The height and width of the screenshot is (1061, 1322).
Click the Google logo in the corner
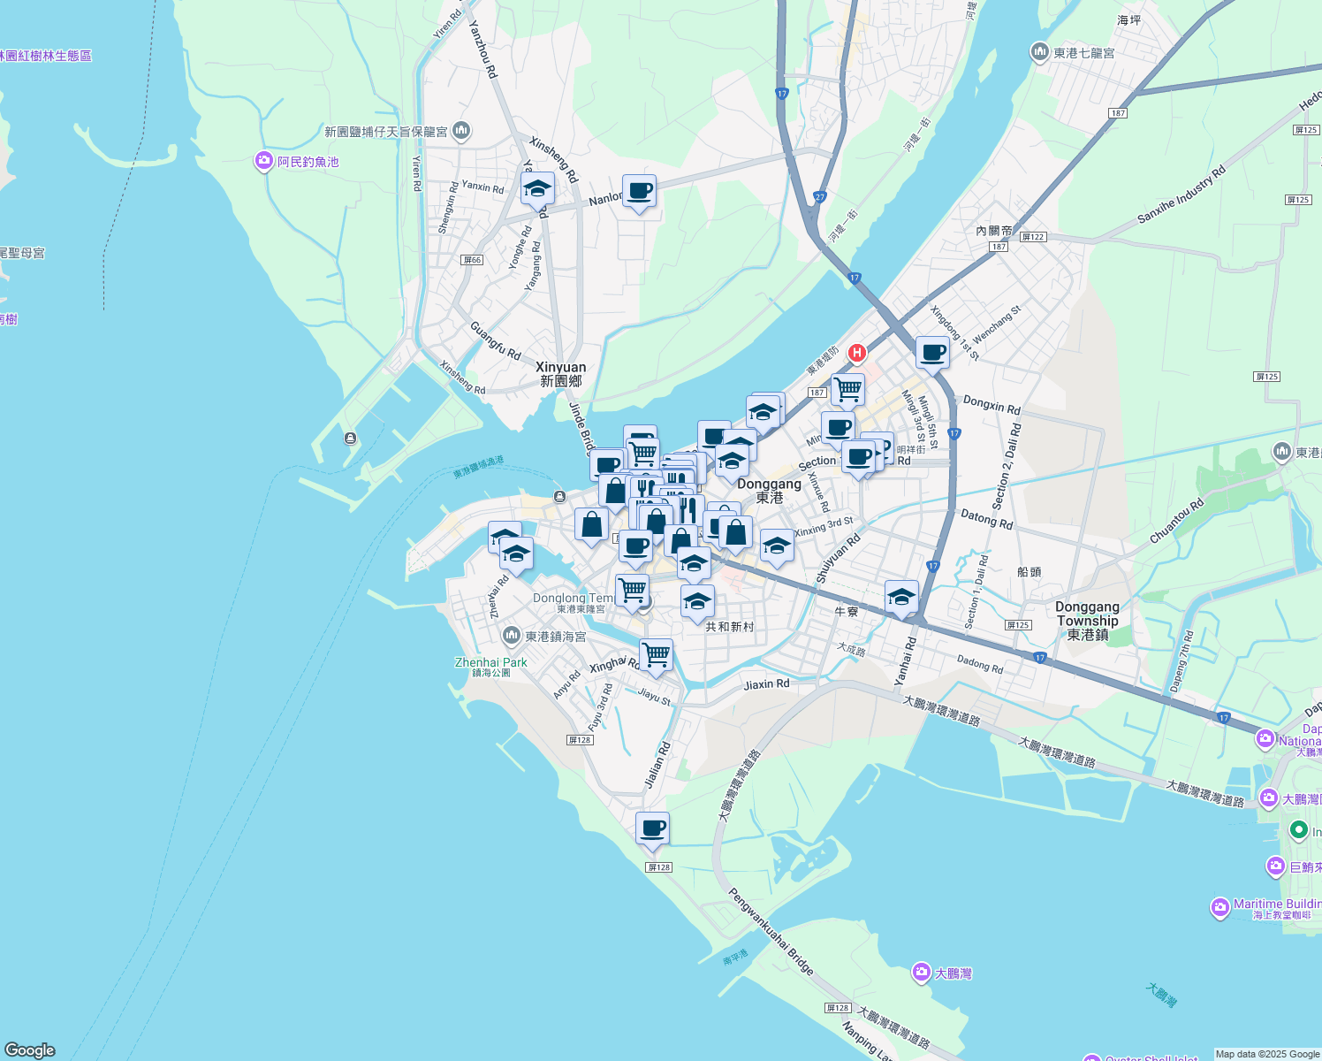click(x=30, y=1050)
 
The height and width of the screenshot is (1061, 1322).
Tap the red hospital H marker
click(x=856, y=353)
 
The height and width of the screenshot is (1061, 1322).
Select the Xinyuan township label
click(x=560, y=374)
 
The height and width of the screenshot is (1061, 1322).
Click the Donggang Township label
click(x=1087, y=621)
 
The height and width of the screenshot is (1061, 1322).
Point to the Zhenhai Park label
click(x=490, y=662)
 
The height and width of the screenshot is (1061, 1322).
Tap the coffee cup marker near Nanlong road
click(x=639, y=192)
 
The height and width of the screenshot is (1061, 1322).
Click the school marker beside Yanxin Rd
click(x=537, y=189)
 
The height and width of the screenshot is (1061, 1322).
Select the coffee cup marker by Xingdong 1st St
click(x=932, y=354)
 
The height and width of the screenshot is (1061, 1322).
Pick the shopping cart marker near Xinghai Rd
click(x=656, y=656)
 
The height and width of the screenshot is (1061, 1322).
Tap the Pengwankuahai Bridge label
click(x=771, y=931)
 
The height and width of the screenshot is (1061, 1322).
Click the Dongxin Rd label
click(x=991, y=405)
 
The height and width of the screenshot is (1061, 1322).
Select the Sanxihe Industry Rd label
click(x=1181, y=194)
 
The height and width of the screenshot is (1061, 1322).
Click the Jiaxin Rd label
click(x=766, y=684)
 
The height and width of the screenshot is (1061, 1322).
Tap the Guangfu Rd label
click(x=495, y=340)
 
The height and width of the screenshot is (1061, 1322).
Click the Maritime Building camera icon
click(x=1219, y=908)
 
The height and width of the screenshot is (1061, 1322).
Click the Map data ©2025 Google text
click(x=1267, y=1054)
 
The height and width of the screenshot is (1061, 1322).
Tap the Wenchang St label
click(x=996, y=325)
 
